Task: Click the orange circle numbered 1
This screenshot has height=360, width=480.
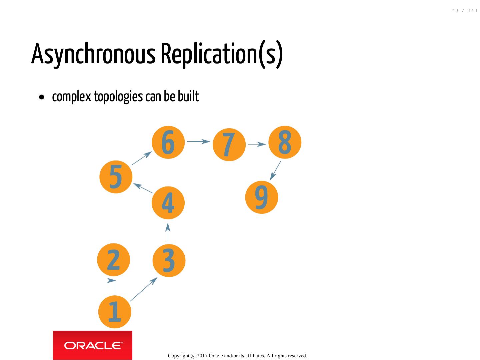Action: click(115, 312)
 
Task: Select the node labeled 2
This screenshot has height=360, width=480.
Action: click(113, 260)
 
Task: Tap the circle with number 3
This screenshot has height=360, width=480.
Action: click(169, 260)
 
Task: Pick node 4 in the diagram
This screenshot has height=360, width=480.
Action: click(168, 203)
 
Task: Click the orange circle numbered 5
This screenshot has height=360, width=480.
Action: click(116, 177)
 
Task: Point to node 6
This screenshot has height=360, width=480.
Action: click(168, 142)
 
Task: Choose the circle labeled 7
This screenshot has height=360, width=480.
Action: click(229, 145)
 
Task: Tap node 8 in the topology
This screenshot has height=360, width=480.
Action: click(285, 142)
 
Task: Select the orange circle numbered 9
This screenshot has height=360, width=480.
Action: click(261, 197)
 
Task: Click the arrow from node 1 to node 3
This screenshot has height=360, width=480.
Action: click(143, 289)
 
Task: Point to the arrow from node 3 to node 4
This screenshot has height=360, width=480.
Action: click(168, 232)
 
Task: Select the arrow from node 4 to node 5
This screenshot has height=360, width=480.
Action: click(143, 188)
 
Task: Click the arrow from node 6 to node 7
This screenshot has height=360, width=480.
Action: click(199, 142)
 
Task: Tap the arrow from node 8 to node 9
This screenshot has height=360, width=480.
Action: click(275, 171)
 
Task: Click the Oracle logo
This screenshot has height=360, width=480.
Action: click(93, 345)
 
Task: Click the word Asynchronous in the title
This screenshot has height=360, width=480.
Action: click(93, 54)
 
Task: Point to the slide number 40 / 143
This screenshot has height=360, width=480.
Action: click(464, 11)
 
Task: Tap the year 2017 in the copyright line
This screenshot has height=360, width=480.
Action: click(202, 356)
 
